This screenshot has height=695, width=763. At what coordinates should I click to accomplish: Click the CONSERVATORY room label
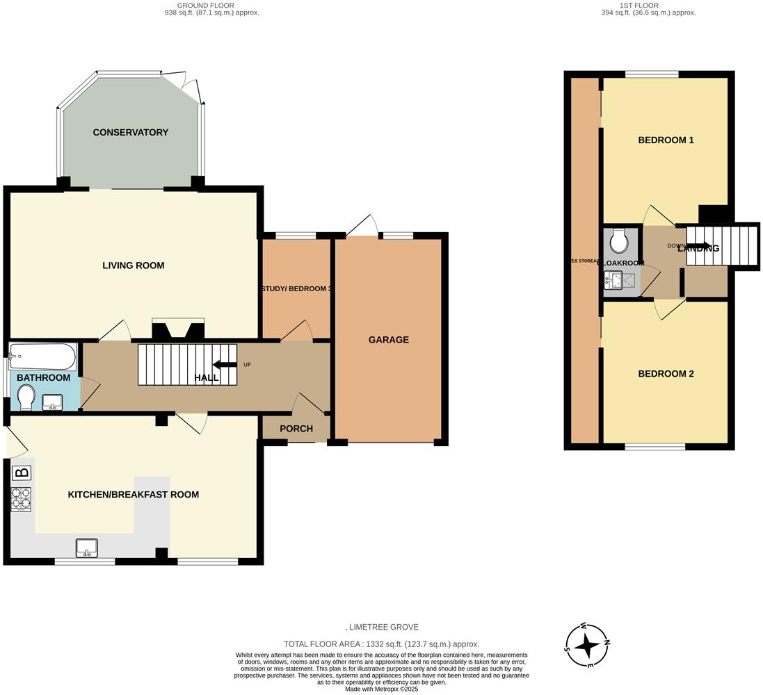[131, 133]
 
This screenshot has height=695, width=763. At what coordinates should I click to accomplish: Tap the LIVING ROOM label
[134, 265]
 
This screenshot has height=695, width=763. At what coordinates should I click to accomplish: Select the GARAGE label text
[388, 340]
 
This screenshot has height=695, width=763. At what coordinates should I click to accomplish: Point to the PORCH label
[296, 429]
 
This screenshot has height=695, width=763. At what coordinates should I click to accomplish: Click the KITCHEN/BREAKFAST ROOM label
[133, 495]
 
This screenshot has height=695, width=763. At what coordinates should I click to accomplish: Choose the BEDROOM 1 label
[666, 140]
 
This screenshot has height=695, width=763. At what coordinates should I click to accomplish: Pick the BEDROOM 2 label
[666, 374]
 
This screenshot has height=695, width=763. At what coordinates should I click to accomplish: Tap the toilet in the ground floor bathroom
[27, 399]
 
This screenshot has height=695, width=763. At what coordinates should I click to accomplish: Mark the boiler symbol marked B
[22, 473]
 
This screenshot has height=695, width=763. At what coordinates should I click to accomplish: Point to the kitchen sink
[87, 548]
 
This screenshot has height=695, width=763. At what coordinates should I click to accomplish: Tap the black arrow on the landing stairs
[699, 246]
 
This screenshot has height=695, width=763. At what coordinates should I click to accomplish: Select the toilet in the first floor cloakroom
[618, 242]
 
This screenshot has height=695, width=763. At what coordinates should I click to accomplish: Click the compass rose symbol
[588, 644]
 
